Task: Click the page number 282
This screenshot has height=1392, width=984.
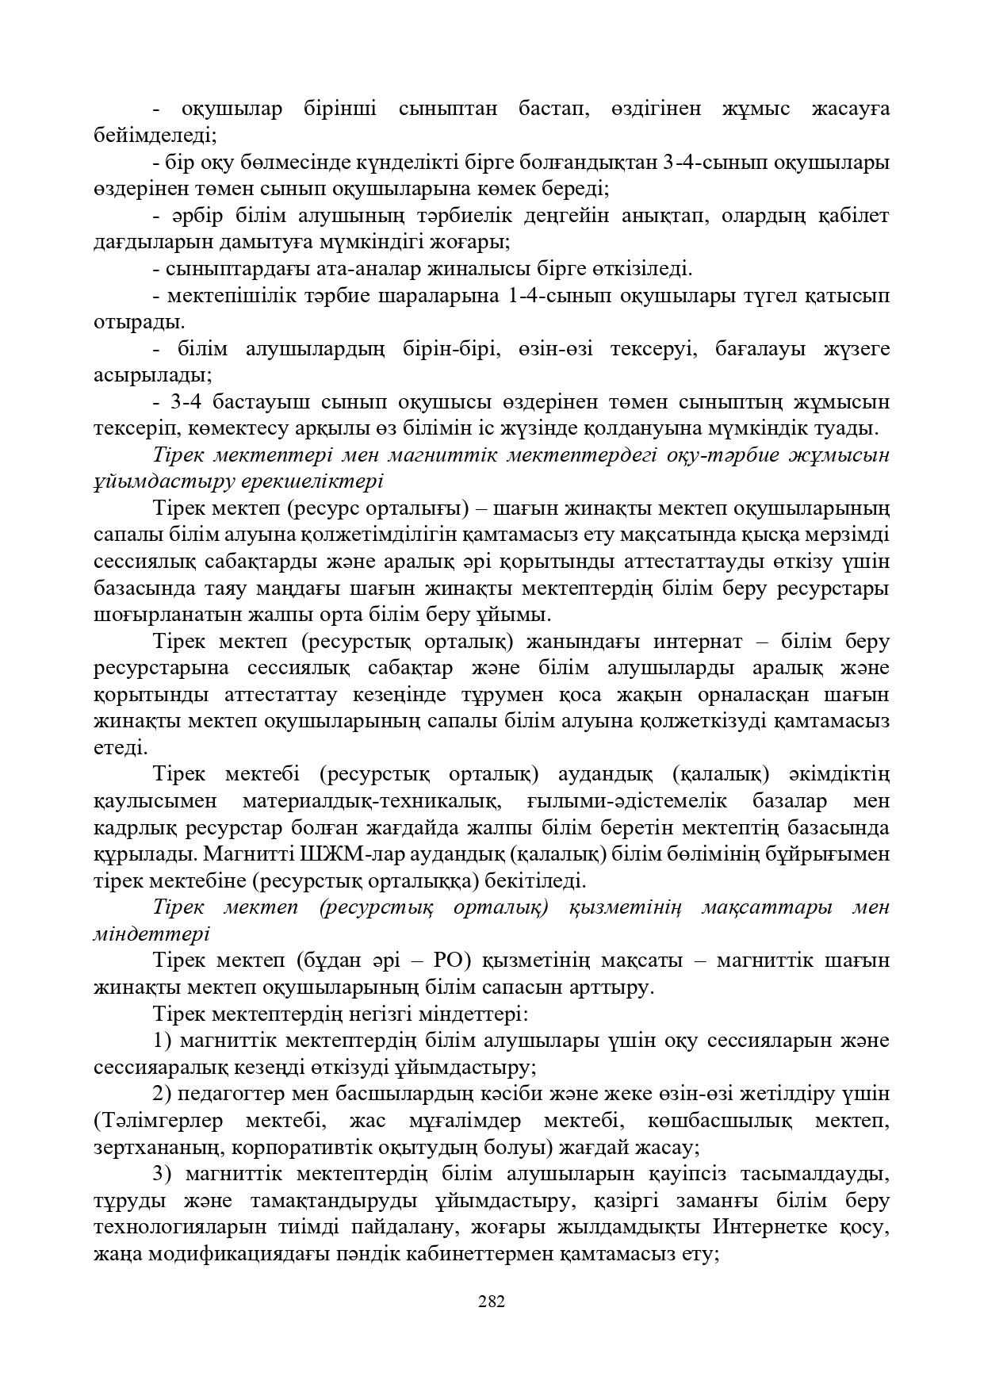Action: click(492, 1301)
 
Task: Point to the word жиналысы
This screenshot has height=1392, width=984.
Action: click(471, 269)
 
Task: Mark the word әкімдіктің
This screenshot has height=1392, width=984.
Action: click(840, 774)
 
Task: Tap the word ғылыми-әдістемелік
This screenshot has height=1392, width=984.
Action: click(627, 801)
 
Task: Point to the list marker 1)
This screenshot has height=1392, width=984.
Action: click(164, 1041)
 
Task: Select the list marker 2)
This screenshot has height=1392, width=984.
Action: click(164, 1094)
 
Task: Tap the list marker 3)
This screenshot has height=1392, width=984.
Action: click(164, 1174)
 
